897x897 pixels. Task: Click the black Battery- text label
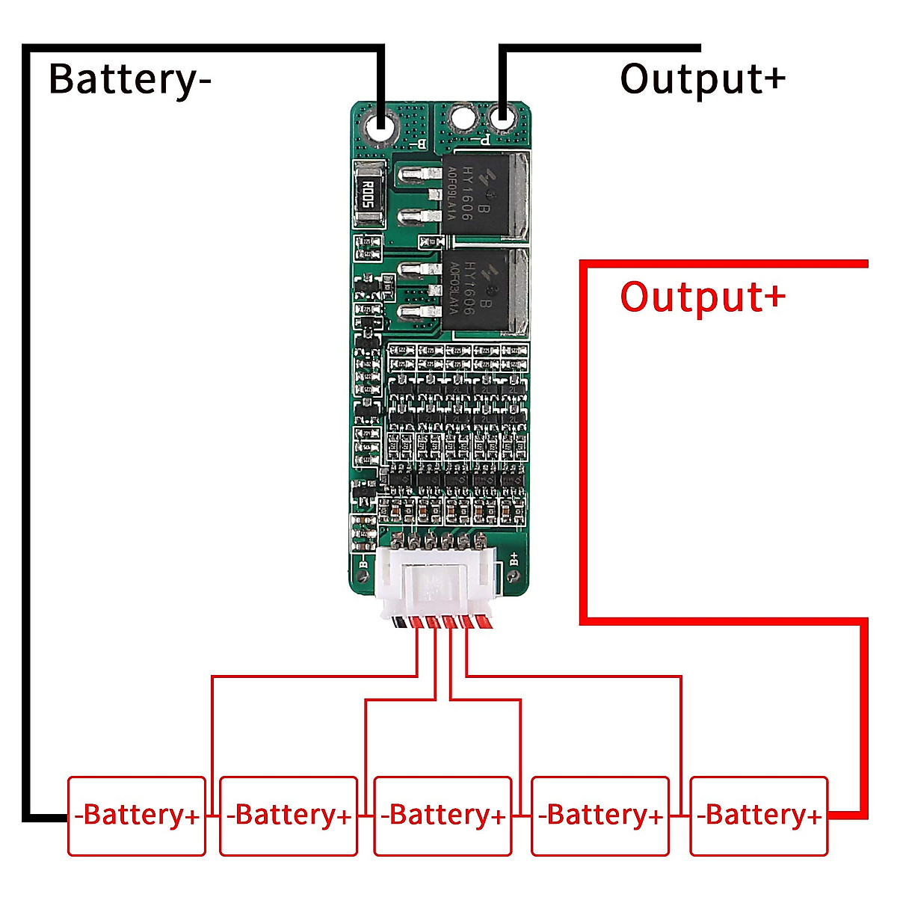point(129,79)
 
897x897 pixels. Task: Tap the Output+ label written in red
point(702,297)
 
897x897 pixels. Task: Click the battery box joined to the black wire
point(137,816)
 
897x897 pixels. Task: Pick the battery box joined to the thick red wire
point(759,816)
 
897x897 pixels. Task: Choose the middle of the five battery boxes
point(443,816)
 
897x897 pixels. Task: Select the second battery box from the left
point(289,816)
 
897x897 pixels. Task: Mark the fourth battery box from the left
point(600,816)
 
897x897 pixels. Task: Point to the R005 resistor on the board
point(367,194)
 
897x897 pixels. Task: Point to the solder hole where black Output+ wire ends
point(502,118)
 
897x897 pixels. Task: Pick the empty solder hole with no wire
point(463,118)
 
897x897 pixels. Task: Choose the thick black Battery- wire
point(27,449)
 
